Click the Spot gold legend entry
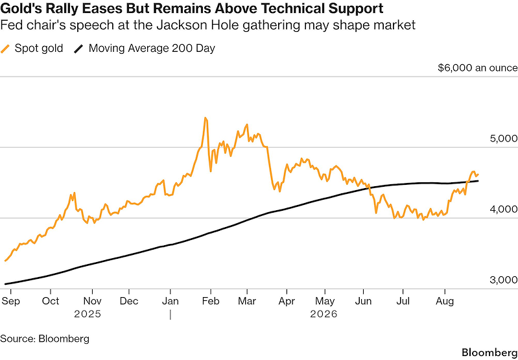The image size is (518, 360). point(32,49)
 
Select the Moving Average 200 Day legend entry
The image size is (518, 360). point(144,49)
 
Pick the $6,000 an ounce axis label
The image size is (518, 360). point(478,67)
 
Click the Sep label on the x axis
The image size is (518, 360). point(10,301)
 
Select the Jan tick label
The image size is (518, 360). point(170,301)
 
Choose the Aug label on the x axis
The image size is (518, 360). point(445,301)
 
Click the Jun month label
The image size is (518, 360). point(364,301)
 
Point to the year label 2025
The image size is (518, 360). point(88,314)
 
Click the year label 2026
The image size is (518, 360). point(324,314)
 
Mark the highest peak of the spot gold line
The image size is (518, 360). point(205,118)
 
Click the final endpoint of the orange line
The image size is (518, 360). point(478,174)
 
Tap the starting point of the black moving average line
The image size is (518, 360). point(5,284)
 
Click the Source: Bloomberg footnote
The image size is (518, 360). point(45,339)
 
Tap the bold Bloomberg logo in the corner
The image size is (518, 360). point(489,352)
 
